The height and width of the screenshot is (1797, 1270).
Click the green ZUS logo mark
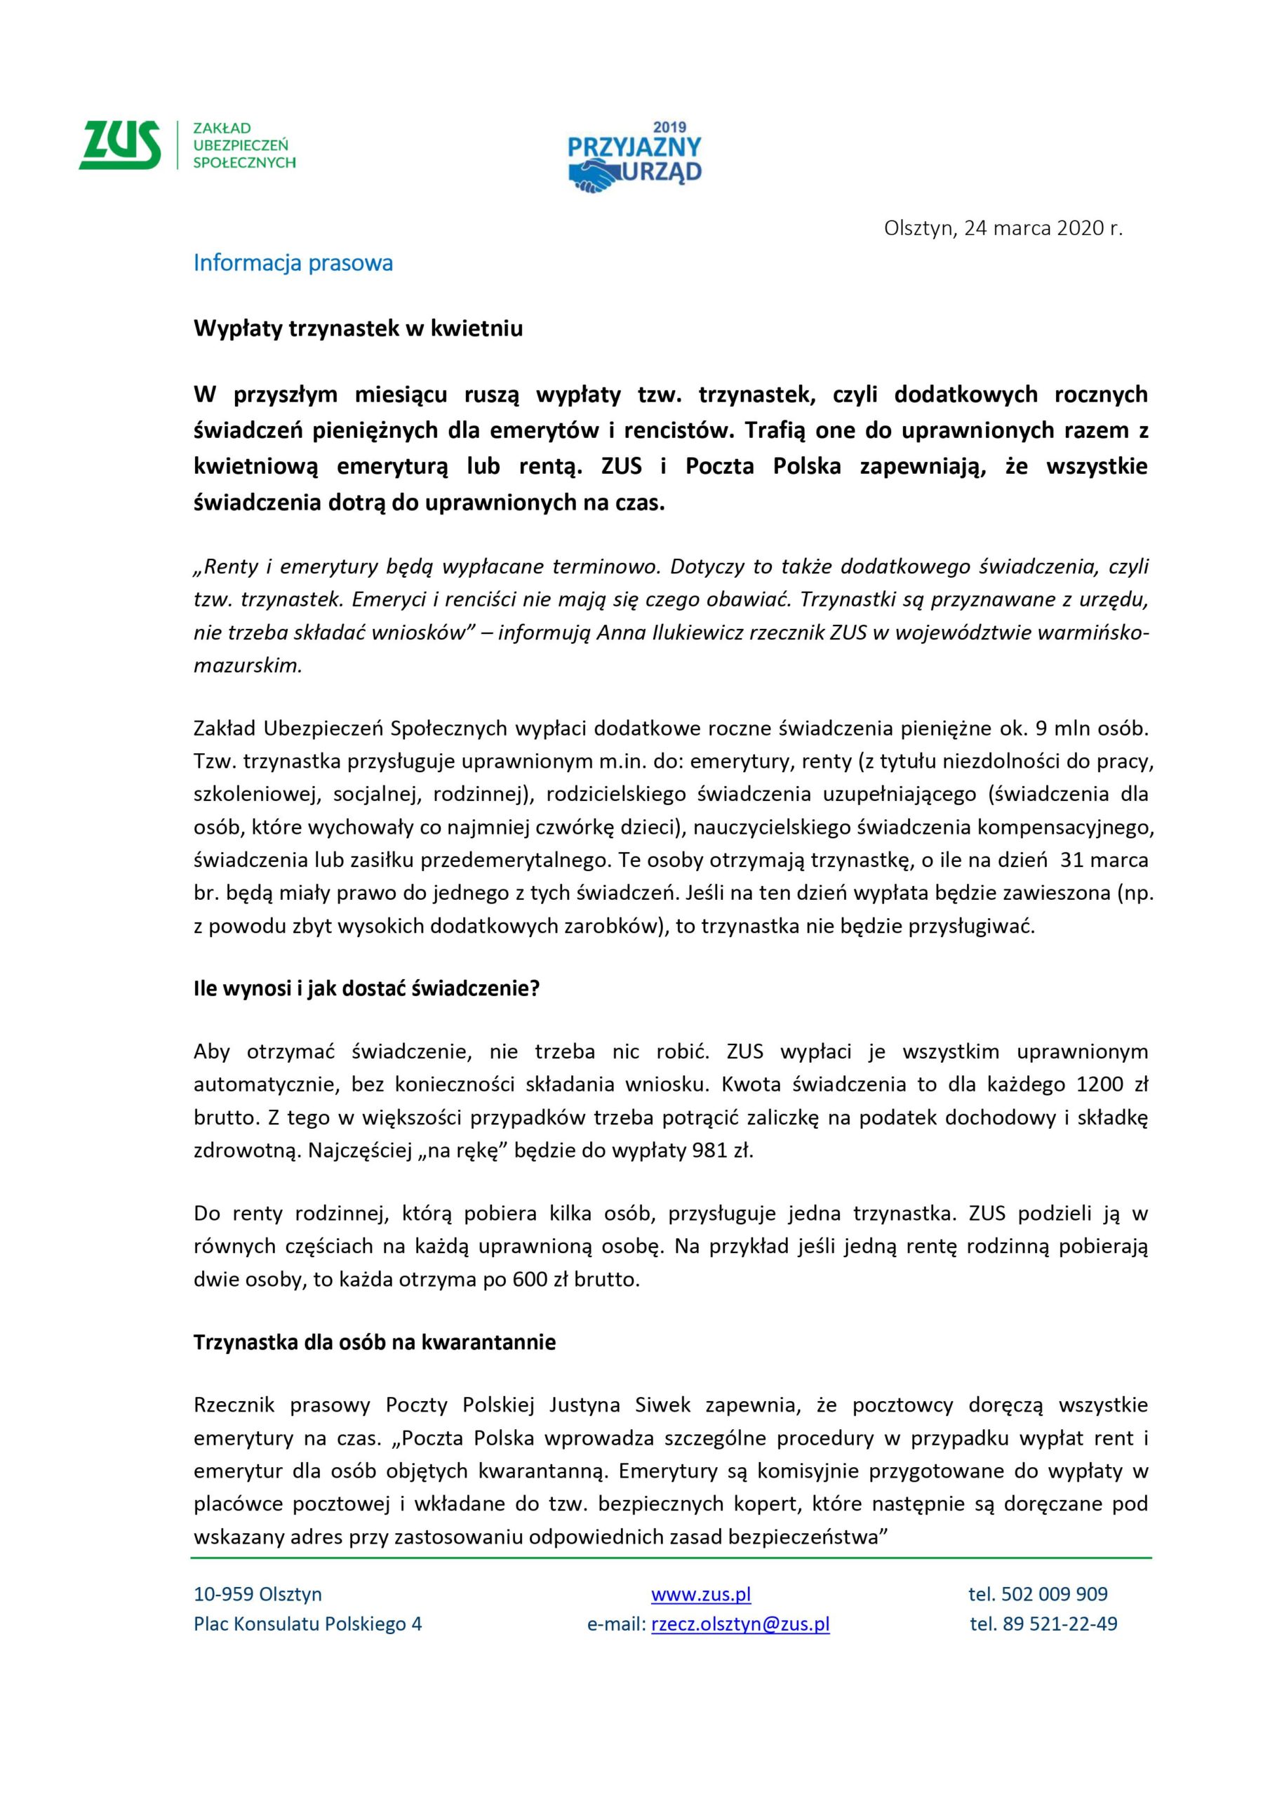click(x=120, y=145)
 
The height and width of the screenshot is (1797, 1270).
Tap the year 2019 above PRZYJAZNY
click(x=669, y=128)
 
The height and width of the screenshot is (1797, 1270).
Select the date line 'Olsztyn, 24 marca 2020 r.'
click(x=1003, y=229)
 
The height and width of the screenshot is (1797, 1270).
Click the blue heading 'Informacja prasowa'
click(x=293, y=263)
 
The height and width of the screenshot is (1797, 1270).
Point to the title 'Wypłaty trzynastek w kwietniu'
click(x=358, y=329)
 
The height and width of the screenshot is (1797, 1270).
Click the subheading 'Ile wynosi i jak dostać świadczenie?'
click(x=366, y=988)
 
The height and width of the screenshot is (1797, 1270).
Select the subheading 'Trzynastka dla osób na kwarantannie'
click(x=374, y=1342)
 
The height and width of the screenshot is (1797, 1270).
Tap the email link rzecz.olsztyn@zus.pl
click(x=740, y=1624)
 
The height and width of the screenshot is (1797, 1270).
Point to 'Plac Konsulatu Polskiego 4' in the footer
click(x=307, y=1624)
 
